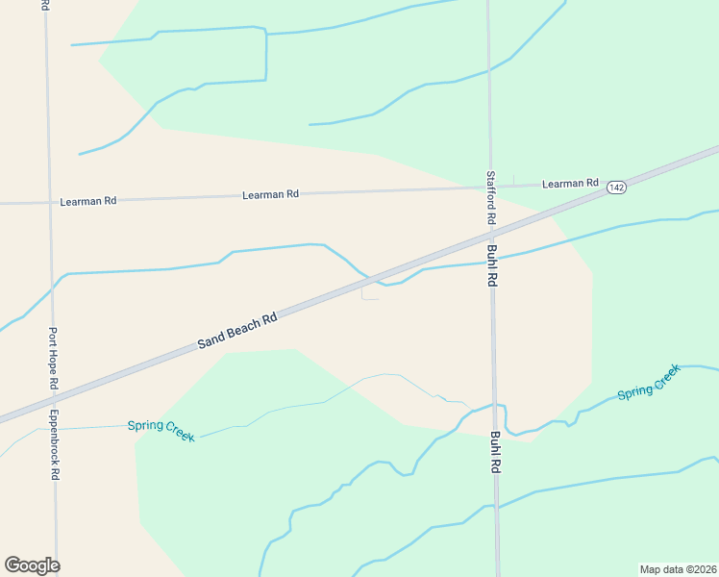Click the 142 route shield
click(x=616, y=188)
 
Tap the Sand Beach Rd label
click(x=237, y=330)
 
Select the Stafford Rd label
click(x=490, y=198)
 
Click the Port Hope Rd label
click(x=54, y=359)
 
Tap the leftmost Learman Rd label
click(x=87, y=202)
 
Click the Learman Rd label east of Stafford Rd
click(x=570, y=184)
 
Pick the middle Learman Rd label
click(x=270, y=194)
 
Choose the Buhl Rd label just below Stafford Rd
click(x=491, y=266)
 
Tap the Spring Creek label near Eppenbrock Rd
click(x=161, y=430)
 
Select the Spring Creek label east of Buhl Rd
click(x=649, y=381)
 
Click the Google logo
click(x=32, y=564)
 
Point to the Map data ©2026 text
click(x=679, y=568)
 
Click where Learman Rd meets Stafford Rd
click(x=489, y=187)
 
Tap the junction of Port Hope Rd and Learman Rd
click(x=48, y=203)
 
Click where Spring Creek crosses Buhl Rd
click(x=496, y=406)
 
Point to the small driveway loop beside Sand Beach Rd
click(x=369, y=293)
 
